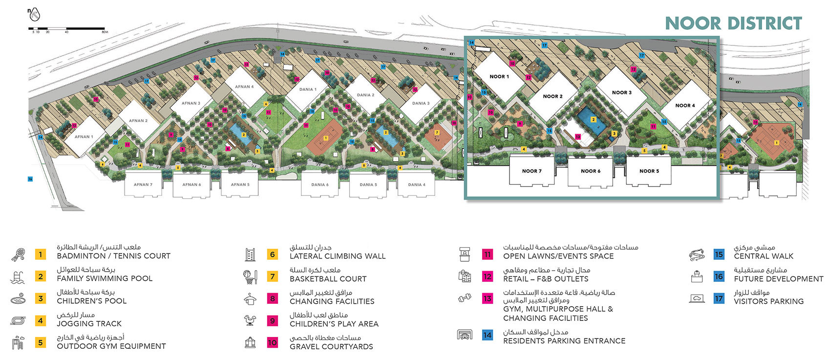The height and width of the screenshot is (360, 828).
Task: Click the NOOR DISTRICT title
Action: click(x=733, y=23)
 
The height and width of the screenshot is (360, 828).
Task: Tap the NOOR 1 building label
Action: click(x=499, y=77)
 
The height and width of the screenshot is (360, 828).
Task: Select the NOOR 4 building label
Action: click(x=685, y=106)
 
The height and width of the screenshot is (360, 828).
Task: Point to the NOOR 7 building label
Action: click(x=531, y=171)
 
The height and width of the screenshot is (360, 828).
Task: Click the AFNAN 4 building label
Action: click(x=244, y=87)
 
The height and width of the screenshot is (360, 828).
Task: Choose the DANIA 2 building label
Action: click(x=365, y=95)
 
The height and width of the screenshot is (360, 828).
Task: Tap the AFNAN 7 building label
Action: click(x=143, y=185)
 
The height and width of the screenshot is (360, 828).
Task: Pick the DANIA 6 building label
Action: click(x=320, y=185)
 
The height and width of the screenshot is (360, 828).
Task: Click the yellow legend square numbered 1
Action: click(x=41, y=254)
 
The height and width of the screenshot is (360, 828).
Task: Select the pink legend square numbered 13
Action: click(x=488, y=298)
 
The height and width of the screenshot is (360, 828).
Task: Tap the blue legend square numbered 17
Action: click(x=719, y=298)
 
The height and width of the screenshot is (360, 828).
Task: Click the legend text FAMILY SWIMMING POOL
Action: click(x=105, y=278)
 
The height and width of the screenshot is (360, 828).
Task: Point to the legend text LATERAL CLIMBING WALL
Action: click(x=338, y=256)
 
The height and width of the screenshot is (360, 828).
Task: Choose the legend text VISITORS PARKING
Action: click(x=768, y=301)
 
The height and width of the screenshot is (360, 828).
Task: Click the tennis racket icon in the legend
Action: click(x=18, y=254)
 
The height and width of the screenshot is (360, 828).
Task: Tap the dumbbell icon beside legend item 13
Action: click(x=465, y=298)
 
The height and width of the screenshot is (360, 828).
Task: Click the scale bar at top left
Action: click(x=66, y=29)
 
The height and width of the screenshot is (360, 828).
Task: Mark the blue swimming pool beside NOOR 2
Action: click(x=592, y=122)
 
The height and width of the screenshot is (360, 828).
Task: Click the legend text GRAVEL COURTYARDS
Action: click(x=331, y=346)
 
